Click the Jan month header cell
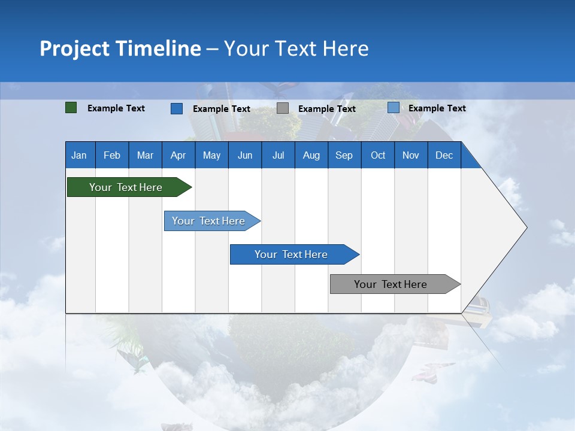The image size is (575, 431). (80, 155)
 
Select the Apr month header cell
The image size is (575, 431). (178, 155)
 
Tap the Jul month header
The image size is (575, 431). (278, 155)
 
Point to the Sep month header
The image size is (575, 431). (344, 155)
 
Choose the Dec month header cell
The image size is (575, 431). (444, 155)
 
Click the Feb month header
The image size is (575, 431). (112, 155)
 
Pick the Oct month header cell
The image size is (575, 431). (378, 155)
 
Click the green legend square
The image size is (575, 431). (71, 108)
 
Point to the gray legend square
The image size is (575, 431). (283, 108)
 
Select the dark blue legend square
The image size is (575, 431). (177, 108)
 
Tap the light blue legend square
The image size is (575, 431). (394, 108)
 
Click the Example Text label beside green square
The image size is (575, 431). (116, 108)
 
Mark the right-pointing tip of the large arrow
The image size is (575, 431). (526, 227)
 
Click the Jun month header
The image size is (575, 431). (245, 155)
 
